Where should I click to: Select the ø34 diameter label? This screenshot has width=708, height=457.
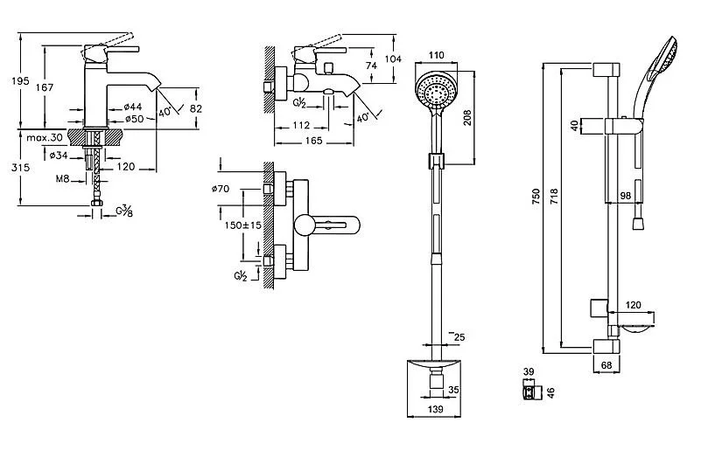(x=60, y=156)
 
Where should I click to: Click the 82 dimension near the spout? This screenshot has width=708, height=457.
(x=196, y=108)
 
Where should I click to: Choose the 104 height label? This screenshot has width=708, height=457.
(x=393, y=59)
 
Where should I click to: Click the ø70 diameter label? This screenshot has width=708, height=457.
(x=221, y=190)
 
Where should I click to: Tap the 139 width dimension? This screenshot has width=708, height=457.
(x=434, y=409)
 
